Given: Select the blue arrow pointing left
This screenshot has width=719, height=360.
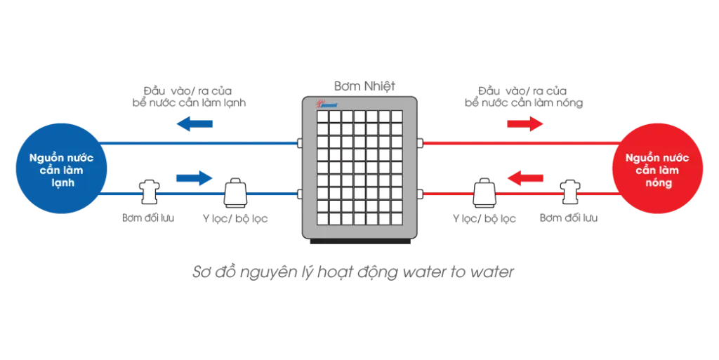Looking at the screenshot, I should (193, 124).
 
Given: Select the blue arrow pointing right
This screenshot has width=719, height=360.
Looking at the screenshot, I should (193, 178).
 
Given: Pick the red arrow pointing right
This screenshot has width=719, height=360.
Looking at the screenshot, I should (525, 124).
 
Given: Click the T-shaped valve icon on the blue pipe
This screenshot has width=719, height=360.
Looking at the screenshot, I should (149, 192).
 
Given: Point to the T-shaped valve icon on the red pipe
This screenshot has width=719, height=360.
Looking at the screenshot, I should (569, 192).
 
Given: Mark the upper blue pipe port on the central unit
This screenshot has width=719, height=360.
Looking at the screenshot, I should (300, 143).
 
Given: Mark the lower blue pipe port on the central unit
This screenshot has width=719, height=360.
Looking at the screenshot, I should (300, 193).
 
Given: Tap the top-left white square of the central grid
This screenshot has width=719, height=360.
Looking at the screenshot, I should (322, 116).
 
